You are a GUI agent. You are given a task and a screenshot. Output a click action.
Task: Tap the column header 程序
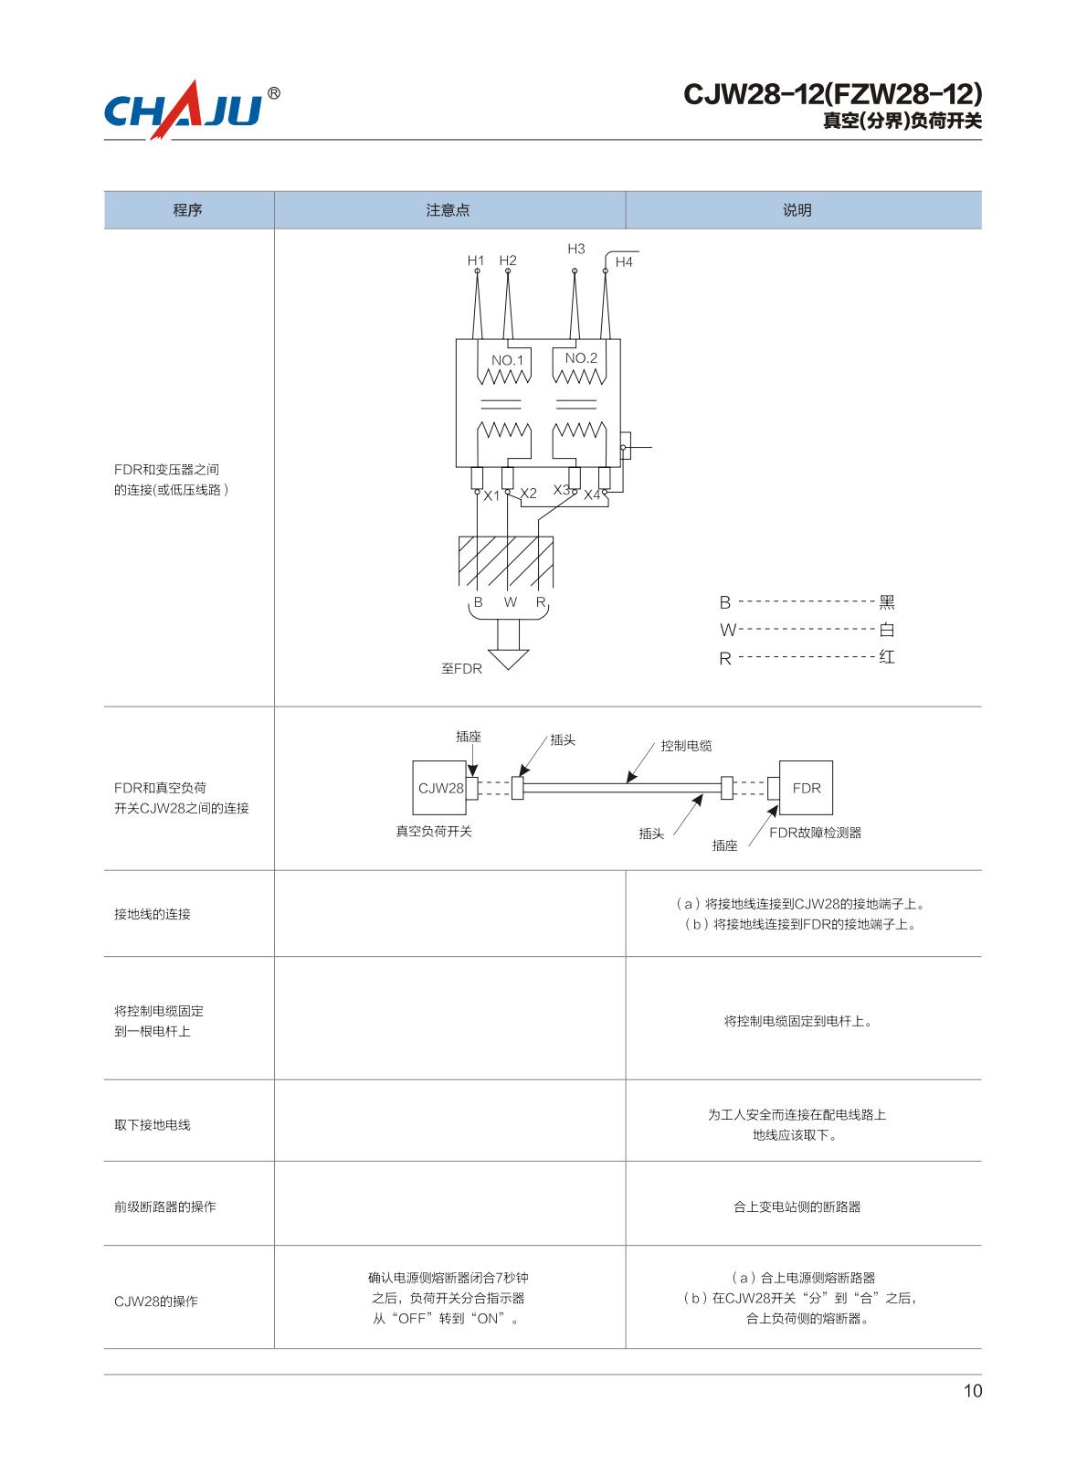188,210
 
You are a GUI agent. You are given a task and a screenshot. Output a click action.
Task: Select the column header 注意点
448,210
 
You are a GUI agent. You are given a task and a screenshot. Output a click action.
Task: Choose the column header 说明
797,210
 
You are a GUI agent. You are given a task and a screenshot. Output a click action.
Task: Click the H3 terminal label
575,249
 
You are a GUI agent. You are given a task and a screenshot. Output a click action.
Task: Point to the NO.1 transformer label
507,360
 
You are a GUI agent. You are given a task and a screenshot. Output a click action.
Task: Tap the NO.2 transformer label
581,358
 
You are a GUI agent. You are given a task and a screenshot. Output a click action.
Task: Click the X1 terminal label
491,496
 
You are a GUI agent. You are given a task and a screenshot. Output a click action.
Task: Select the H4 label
624,262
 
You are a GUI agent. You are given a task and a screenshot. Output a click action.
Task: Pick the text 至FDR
462,669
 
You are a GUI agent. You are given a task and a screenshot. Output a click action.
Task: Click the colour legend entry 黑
887,602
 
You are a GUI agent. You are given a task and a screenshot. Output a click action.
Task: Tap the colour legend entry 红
887,657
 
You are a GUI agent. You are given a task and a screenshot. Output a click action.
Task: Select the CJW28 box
439,788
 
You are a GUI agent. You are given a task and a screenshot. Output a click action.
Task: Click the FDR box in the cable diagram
806,788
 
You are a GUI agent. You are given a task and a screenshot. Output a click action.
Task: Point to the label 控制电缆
687,746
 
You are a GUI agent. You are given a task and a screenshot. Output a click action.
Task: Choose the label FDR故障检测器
816,833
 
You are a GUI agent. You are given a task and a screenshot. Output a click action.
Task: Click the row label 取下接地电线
153,1125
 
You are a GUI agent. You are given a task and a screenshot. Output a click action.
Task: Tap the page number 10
973,1391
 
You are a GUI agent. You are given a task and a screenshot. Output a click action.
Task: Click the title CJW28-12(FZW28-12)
833,93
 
